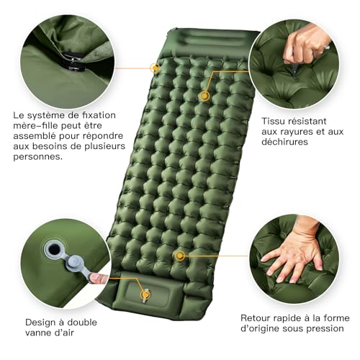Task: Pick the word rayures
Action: [x=289, y=131]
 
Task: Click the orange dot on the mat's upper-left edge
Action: [x=155, y=68]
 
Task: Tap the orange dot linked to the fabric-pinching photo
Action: [x=205, y=95]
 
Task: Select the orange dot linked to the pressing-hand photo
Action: [x=181, y=256]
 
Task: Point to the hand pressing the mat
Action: [x=292, y=256]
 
